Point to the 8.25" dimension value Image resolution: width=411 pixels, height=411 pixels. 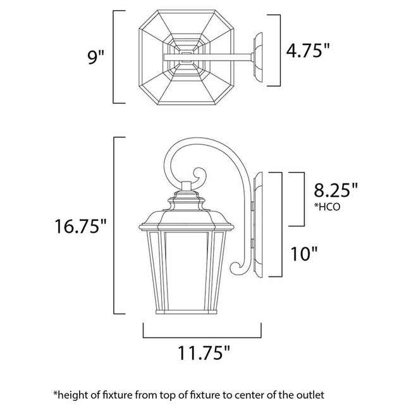pos(336,188)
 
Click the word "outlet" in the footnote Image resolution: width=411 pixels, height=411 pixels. pos(310,395)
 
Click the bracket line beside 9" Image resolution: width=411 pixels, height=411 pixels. pos(114,56)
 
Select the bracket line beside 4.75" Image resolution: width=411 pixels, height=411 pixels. pos(279,51)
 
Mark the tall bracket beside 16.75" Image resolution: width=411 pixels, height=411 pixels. pos(114,226)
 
